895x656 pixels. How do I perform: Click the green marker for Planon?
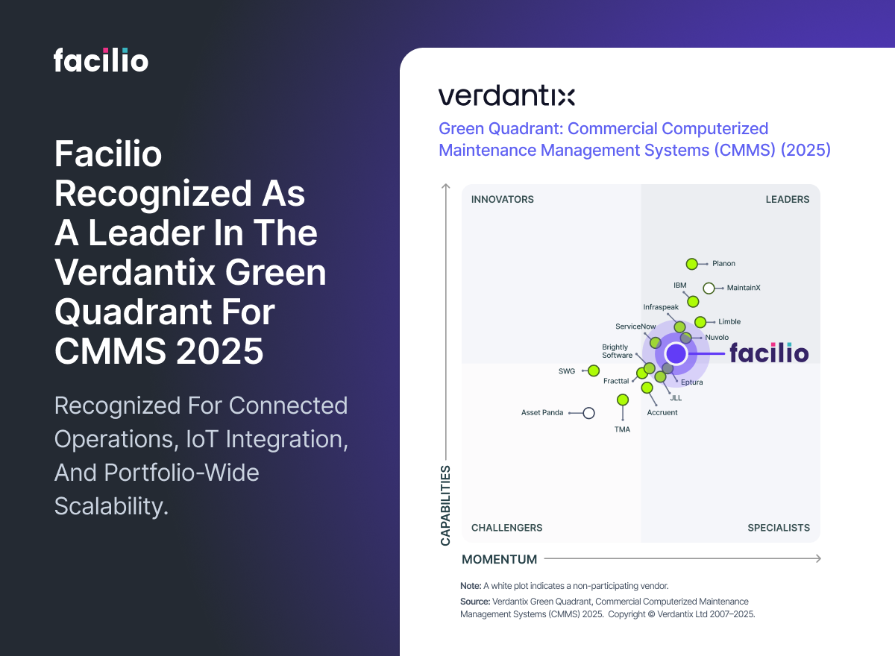(x=692, y=264)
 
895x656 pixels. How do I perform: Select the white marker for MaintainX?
(x=709, y=288)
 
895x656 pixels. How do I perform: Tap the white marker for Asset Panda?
(x=588, y=413)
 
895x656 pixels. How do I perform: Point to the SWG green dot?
(x=594, y=370)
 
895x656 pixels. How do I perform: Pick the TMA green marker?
(x=623, y=400)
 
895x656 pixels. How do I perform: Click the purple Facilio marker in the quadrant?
(x=676, y=353)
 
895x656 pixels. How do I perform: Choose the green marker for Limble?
(x=700, y=322)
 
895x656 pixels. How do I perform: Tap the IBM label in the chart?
(x=679, y=285)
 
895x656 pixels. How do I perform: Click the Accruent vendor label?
(x=662, y=412)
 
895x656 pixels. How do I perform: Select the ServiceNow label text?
(x=635, y=327)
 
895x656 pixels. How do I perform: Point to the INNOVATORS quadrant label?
(x=503, y=199)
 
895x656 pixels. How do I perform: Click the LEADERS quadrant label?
(x=788, y=199)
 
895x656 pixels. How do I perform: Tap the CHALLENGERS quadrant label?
(x=507, y=528)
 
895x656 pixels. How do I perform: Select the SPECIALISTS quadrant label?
(x=779, y=528)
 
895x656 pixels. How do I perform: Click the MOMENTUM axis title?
(x=500, y=559)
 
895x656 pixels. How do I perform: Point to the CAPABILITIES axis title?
(x=445, y=505)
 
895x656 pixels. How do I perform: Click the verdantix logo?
(x=506, y=96)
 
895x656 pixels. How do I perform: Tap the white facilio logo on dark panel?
(x=101, y=60)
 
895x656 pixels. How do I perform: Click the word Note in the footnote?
(x=471, y=586)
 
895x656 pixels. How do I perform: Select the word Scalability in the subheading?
(x=111, y=507)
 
